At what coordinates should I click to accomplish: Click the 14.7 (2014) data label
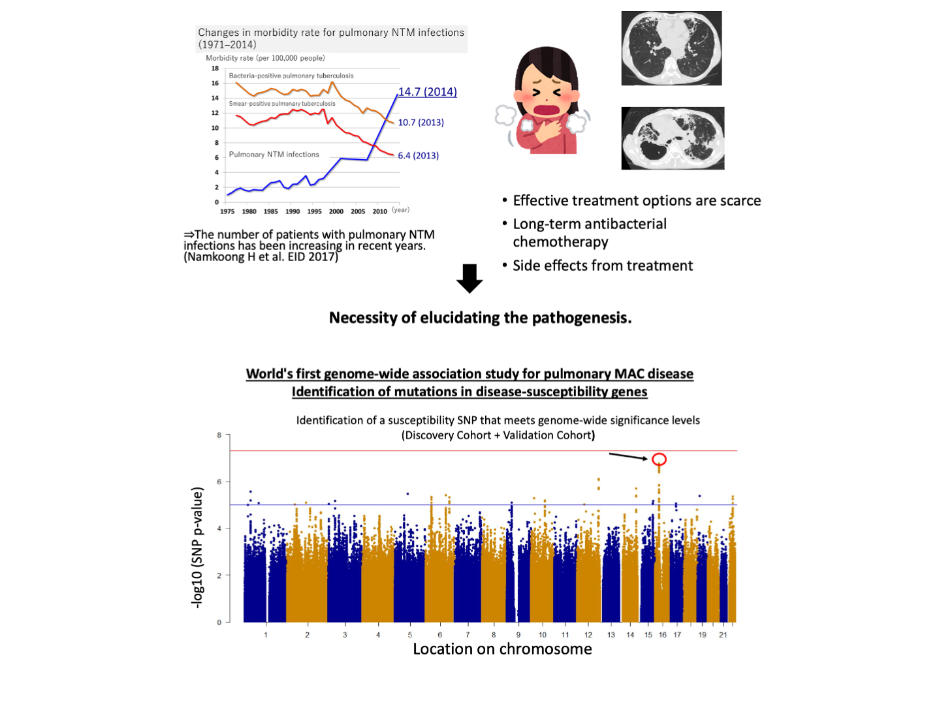click(x=428, y=92)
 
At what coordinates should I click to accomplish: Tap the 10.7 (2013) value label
click(x=421, y=123)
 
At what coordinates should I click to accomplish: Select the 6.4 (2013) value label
click(x=419, y=155)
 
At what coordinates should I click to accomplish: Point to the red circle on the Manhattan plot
click(x=660, y=459)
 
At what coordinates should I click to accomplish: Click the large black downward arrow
click(x=469, y=279)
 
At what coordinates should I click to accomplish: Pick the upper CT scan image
click(x=671, y=48)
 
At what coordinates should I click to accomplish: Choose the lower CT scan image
click(x=673, y=138)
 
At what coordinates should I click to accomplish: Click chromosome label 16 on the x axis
click(x=663, y=635)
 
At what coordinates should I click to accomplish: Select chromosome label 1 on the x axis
click(x=266, y=635)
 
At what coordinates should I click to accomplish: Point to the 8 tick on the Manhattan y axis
click(x=219, y=435)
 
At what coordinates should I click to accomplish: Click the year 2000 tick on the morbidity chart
click(x=336, y=211)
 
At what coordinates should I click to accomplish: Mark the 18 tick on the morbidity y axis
click(x=215, y=69)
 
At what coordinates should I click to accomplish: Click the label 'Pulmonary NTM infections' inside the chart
click(x=274, y=155)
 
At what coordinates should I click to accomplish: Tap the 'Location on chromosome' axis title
click(x=502, y=649)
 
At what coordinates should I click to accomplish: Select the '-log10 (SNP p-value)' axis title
click(x=197, y=548)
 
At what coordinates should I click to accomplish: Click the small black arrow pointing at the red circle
click(x=628, y=456)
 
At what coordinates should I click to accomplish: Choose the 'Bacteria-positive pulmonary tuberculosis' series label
click(x=291, y=76)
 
